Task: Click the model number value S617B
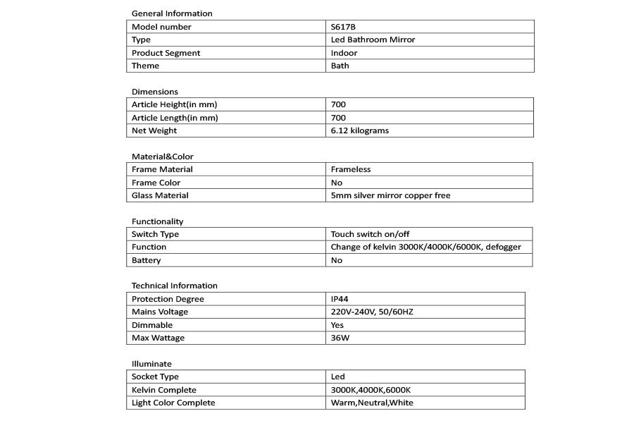[x=343, y=27]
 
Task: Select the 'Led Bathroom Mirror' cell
[x=373, y=39]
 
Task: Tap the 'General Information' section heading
[x=172, y=13]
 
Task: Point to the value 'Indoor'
[x=344, y=53]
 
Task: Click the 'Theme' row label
[x=145, y=66]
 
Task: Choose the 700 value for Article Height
[x=338, y=104]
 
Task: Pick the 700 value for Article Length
[x=338, y=118]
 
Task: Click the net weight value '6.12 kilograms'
[x=359, y=130]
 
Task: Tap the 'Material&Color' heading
[x=162, y=157]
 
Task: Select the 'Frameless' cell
[x=350, y=169]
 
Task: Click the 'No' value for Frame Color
[x=336, y=183]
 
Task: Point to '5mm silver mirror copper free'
[x=390, y=195]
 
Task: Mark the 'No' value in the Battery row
[x=336, y=260]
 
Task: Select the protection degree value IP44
[x=340, y=299]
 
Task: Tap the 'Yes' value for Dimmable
[x=337, y=325]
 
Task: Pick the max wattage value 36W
[x=339, y=338]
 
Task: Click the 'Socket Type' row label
[x=155, y=376]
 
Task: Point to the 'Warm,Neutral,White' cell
[x=372, y=403]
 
